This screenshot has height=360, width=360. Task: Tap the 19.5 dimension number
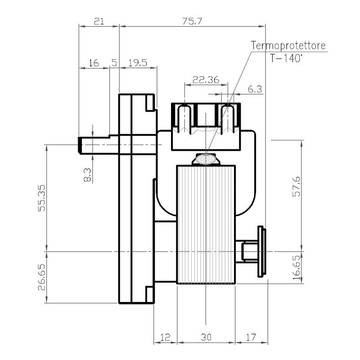pos(138,63)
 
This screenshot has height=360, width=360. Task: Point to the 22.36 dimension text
pos(206,80)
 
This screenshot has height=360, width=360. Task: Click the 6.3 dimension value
pos(255,89)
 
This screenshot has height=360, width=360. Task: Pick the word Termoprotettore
pos(288,46)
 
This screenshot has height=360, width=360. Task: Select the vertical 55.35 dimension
pos(42,198)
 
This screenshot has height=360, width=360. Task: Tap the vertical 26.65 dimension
pos(42,278)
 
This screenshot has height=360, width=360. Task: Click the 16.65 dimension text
pos(296,268)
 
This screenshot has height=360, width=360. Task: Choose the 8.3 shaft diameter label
pos(87,175)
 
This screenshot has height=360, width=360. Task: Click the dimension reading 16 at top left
pos(94,63)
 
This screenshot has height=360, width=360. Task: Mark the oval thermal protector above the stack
pos(205,159)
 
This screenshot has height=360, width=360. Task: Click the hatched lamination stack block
pos(206,225)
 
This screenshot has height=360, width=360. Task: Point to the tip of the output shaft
pos(80,145)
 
